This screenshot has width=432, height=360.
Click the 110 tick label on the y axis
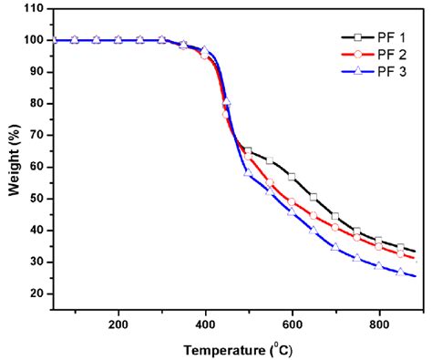(35, 8)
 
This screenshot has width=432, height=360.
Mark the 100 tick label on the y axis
(35, 40)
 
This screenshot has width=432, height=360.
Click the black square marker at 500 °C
(248, 151)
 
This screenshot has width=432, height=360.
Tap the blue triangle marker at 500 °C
(248, 172)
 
